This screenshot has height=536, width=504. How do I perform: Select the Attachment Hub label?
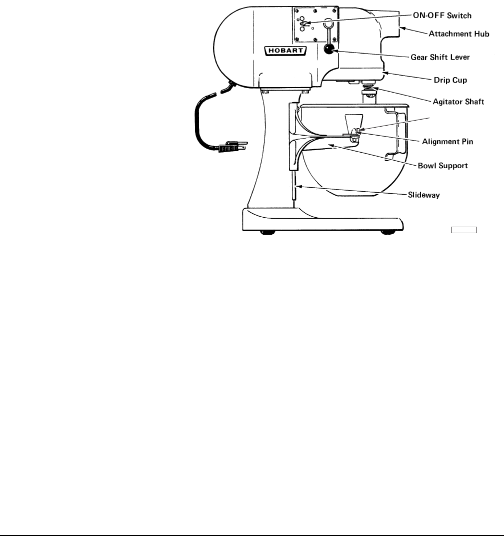[459, 34]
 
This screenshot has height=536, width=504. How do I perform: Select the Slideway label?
[421, 195]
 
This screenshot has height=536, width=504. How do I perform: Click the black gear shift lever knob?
[328, 49]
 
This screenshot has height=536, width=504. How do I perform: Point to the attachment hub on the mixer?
[392, 25]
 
